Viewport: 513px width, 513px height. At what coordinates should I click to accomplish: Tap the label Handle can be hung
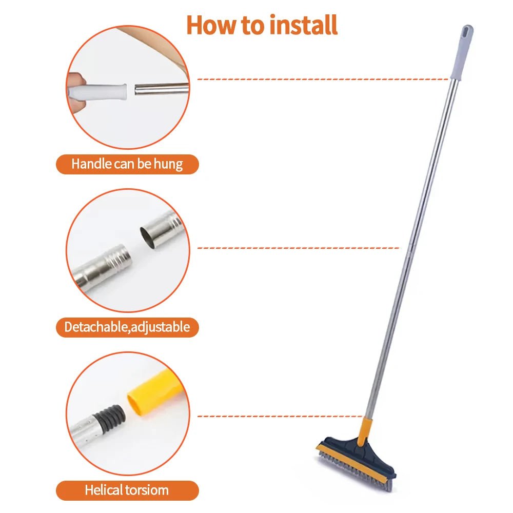point(127,165)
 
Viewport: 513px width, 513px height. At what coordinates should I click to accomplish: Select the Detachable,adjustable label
point(127,327)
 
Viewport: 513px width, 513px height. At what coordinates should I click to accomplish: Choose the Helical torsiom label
point(127,490)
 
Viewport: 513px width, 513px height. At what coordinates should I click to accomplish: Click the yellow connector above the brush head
point(365,431)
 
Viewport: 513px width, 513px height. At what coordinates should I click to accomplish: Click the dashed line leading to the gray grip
point(323,80)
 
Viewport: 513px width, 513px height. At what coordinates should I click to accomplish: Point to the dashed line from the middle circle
point(298,248)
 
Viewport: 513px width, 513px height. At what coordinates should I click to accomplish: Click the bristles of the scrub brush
point(354,467)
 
